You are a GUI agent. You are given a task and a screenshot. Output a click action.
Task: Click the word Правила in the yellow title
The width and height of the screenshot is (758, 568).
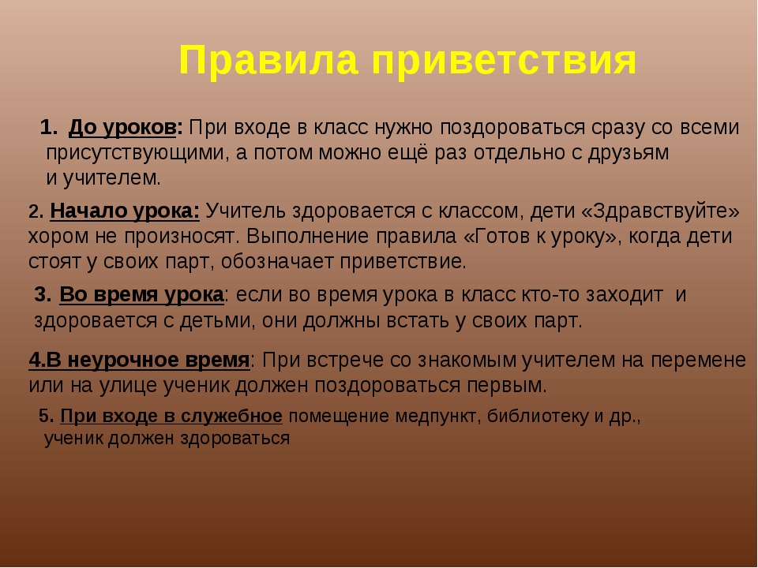coord(268,61)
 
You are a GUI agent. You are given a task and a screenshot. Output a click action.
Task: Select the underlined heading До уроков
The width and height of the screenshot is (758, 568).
coord(126,128)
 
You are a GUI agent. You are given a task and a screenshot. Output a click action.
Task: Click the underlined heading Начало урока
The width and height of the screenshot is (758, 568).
coord(125,211)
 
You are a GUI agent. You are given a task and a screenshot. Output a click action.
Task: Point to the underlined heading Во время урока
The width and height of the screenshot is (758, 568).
coord(141,295)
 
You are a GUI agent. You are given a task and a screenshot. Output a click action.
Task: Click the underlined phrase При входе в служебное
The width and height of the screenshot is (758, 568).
coord(171,416)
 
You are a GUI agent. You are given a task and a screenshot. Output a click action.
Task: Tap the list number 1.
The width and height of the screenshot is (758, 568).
coord(48,128)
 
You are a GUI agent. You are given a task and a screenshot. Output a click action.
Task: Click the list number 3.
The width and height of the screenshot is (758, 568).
coord(43,295)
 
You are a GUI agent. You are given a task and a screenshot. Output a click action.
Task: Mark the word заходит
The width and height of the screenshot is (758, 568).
coord(625,294)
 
